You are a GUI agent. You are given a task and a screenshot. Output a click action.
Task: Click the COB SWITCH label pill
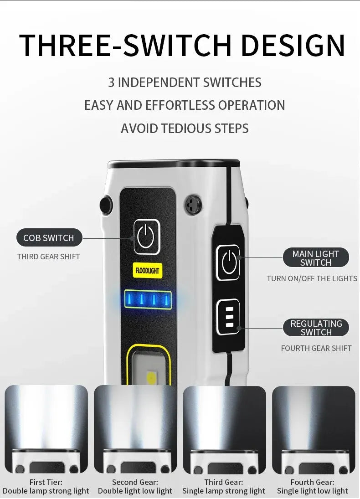point(49,237)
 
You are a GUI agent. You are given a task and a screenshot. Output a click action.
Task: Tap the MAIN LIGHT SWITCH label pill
point(316,258)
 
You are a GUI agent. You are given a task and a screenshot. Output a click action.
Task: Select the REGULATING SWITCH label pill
point(316,328)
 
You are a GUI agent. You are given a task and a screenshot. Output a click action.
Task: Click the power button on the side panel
point(228,262)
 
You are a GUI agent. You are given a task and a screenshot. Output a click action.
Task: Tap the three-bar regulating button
point(228,317)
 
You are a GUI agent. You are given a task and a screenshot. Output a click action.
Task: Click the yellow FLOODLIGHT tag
point(147,271)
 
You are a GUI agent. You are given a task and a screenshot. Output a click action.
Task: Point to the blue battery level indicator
point(148,299)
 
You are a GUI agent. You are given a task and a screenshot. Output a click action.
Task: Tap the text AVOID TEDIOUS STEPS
point(185,128)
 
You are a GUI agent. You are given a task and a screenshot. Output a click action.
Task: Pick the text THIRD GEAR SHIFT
point(48,257)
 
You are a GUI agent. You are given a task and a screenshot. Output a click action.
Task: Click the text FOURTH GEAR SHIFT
point(316,348)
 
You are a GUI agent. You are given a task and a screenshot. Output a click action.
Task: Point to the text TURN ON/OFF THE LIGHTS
point(312,278)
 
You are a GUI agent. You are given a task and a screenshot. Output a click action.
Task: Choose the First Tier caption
point(46,487)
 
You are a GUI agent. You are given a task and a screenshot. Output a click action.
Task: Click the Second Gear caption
point(135,487)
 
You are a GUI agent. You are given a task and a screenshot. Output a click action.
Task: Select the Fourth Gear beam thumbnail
point(314,430)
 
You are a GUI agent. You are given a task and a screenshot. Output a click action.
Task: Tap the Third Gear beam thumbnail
point(224,430)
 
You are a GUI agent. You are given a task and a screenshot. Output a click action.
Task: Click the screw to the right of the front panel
point(193,204)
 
